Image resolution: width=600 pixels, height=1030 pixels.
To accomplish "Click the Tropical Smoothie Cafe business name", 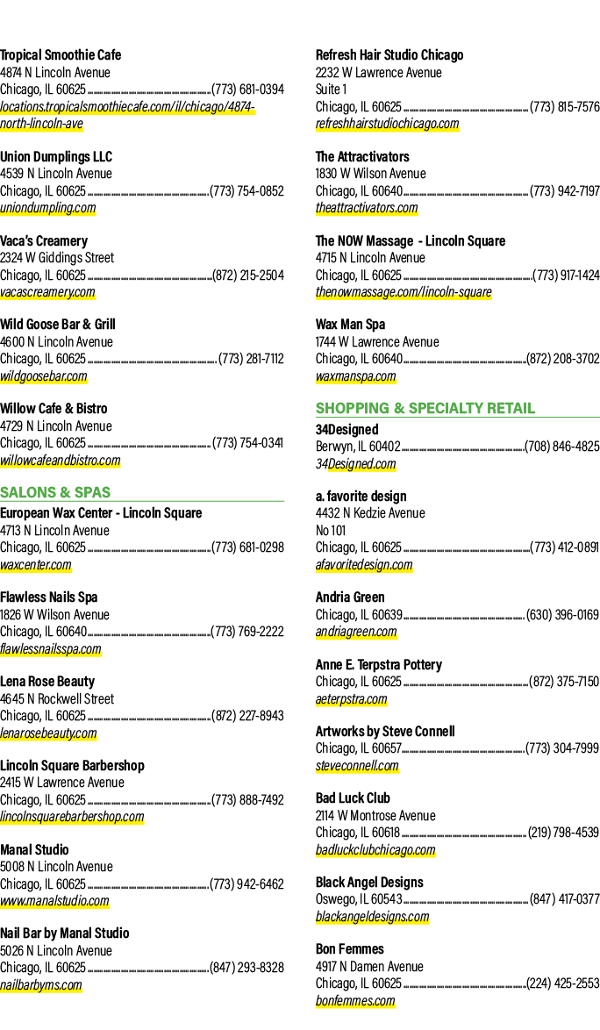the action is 61,55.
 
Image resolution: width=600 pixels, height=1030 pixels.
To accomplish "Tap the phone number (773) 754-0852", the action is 246,191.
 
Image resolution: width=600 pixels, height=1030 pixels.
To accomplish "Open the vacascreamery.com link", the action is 47,292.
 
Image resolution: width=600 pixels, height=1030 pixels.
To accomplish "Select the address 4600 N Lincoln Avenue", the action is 56,341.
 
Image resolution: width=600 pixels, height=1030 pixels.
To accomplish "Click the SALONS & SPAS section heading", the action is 55,492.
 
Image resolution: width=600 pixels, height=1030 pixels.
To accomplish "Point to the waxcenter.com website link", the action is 35,565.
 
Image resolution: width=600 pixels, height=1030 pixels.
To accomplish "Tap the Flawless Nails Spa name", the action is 48,597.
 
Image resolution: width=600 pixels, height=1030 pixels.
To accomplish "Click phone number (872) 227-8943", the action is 247,715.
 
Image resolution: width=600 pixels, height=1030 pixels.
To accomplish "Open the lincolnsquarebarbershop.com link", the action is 72,817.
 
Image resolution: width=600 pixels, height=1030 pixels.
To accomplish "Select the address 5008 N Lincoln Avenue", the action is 56,867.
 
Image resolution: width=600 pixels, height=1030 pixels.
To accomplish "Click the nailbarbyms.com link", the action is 40,984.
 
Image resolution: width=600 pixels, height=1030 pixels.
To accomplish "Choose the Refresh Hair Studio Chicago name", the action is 389,55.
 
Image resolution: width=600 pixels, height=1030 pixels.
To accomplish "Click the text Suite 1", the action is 332,89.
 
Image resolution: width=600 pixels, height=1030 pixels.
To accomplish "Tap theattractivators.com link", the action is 367,208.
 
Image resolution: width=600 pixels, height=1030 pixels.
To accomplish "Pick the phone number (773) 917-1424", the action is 566,275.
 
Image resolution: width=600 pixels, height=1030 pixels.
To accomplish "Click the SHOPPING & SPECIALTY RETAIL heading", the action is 425,408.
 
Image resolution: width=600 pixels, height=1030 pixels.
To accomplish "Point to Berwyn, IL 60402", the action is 358,446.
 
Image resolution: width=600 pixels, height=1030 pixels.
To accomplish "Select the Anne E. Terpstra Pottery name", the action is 379,665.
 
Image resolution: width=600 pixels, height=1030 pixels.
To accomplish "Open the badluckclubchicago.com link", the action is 375,850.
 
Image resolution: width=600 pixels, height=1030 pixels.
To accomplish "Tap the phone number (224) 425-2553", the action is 563,984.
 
